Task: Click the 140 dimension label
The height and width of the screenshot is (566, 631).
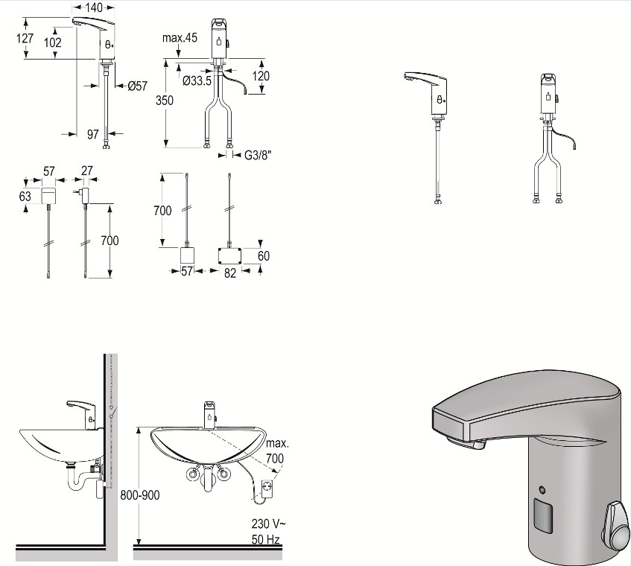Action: point(94,7)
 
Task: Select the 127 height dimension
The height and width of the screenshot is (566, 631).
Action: point(25,38)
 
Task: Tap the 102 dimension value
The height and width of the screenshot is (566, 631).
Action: point(53,42)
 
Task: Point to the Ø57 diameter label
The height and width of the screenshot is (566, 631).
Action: point(138,86)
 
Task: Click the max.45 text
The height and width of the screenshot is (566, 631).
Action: point(180,38)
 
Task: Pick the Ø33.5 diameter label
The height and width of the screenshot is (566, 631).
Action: point(197,81)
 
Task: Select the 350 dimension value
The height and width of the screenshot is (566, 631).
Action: point(165,100)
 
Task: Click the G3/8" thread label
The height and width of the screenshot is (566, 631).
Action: point(258,156)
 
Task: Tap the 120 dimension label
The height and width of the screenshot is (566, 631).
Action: point(261,76)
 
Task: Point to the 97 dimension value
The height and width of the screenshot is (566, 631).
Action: point(93,134)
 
